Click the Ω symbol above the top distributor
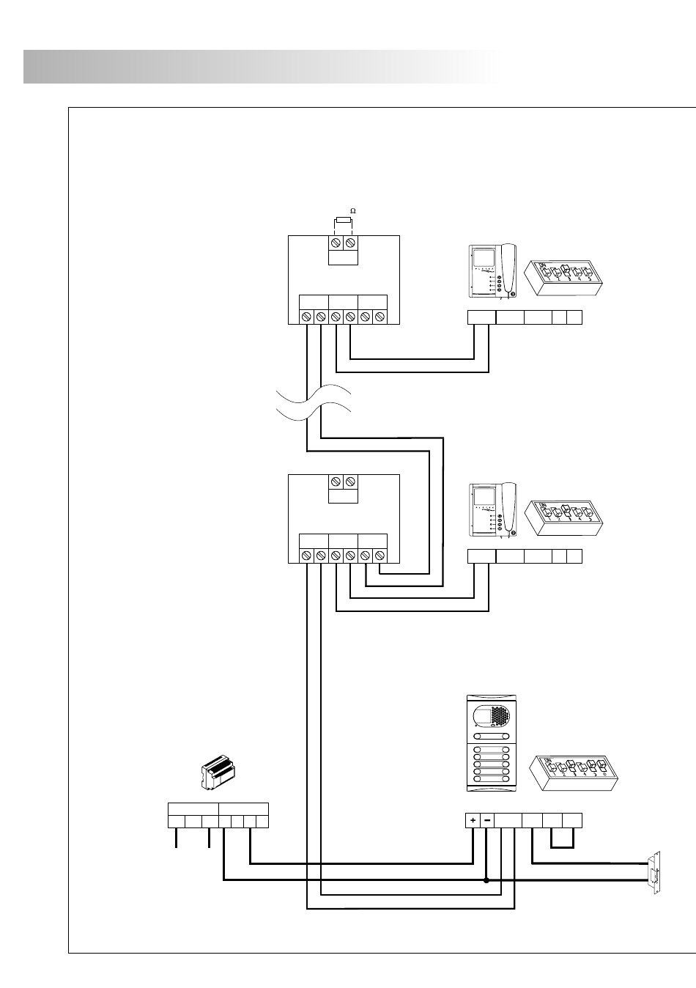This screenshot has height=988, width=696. click(x=352, y=211)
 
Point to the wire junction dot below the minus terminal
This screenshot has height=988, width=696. click(x=486, y=880)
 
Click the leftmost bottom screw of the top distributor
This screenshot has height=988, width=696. click(x=306, y=317)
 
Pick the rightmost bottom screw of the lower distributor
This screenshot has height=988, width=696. click(x=380, y=556)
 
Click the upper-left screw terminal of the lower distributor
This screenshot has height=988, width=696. click(x=336, y=482)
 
